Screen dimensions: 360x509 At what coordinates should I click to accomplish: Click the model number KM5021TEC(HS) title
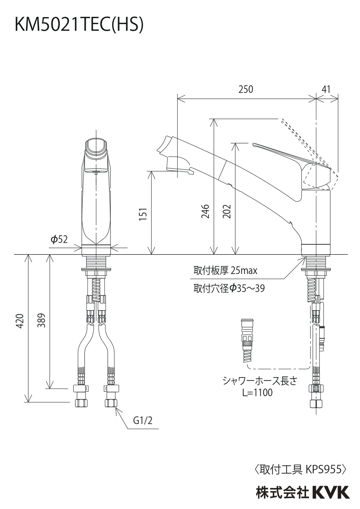pyautogui.click(x=79, y=25)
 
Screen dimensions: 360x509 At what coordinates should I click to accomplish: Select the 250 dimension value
pyautogui.click(x=245, y=89)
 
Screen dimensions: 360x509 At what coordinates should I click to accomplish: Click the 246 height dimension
pyautogui.click(x=205, y=211)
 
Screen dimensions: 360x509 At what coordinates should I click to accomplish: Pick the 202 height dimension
pyautogui.click(x=226, y=211)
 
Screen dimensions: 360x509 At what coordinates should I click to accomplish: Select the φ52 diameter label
pyautogui.click(x=59, y=239)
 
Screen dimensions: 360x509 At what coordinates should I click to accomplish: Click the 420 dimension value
pyautogui.click(x=20, y=321)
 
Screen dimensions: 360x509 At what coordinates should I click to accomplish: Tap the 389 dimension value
pyautogui.click(x=42, y=321)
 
